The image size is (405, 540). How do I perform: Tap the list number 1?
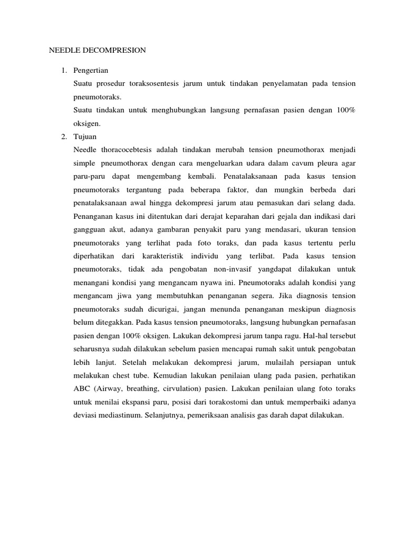pos(64,70)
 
